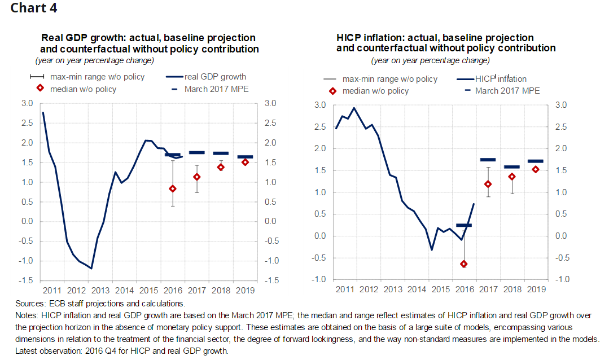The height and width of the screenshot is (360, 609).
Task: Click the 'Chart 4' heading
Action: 33,8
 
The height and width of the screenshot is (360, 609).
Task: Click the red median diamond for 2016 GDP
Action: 173,188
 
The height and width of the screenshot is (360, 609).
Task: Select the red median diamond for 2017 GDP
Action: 197,177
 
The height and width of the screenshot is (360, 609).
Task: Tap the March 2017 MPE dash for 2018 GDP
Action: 221,153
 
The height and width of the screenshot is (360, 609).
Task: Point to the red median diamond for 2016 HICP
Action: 464,264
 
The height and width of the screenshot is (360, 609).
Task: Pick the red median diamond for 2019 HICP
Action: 536,169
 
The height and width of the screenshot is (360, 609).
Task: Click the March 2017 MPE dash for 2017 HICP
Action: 487,160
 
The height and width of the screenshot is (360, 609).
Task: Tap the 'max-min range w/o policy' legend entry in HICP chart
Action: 389,79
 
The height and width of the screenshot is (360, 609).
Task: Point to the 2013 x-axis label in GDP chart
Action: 100,290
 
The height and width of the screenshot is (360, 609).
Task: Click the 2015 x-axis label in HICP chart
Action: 440,289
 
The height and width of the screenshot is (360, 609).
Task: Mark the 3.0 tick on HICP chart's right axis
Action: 562,105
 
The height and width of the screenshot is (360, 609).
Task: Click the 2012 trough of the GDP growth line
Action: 91,269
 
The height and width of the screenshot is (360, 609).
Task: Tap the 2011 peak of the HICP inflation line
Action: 354,108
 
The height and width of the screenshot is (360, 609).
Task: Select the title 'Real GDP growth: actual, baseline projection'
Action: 148,38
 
